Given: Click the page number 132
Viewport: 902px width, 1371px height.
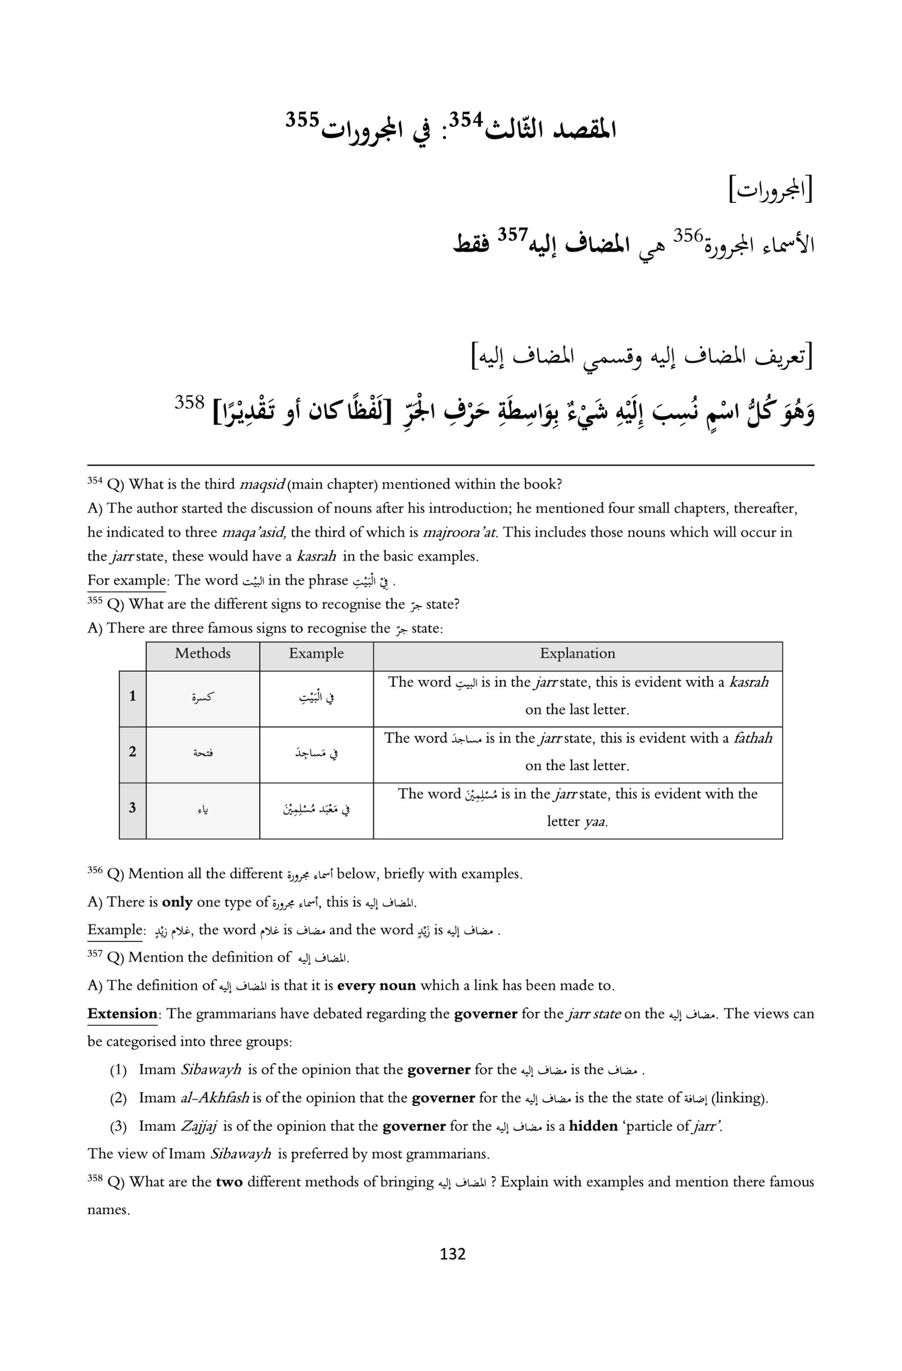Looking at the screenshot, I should tap(452, 1254).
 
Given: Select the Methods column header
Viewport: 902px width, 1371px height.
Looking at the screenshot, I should tap(203, 653).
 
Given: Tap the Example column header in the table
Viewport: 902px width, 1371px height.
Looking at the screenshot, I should tap(316, 653).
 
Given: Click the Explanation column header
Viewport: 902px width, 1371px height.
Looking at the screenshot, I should tap(577, 653).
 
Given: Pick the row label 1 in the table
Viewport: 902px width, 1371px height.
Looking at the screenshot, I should tap(132, 696).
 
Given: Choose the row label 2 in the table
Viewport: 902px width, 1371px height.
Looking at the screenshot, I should tap(132, 752).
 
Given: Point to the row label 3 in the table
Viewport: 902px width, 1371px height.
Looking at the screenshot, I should tap(132, 808).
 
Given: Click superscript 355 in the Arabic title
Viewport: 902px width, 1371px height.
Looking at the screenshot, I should tap(302, 121).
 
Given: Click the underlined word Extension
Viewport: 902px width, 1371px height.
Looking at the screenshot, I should tap(122, 1014).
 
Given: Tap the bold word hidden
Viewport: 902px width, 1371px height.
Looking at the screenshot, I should tap(593, 1126).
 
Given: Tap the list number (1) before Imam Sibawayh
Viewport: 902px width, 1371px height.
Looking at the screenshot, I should tap(118, 1070).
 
